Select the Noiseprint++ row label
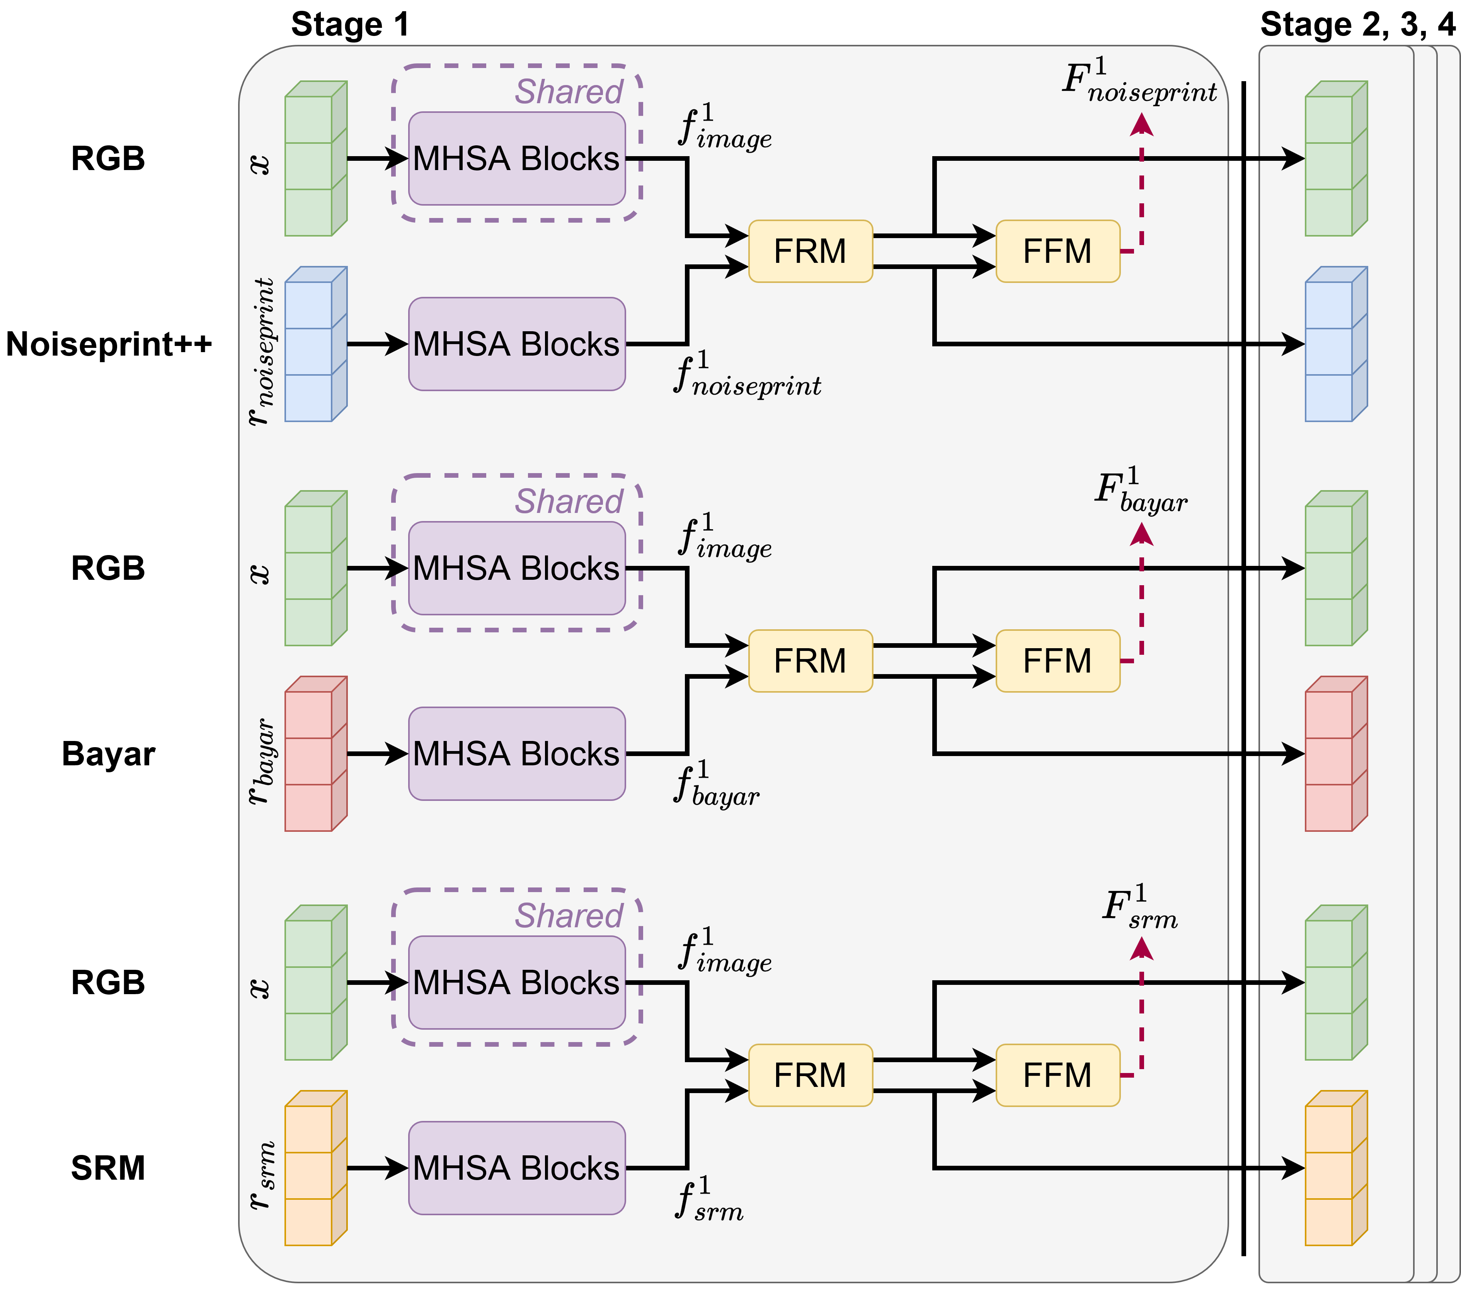point(109,344)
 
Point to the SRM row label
point(109,1168)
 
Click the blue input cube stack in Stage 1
point(315,344)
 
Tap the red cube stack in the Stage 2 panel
point(1335,754)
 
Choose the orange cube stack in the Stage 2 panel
point(1335,1168)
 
